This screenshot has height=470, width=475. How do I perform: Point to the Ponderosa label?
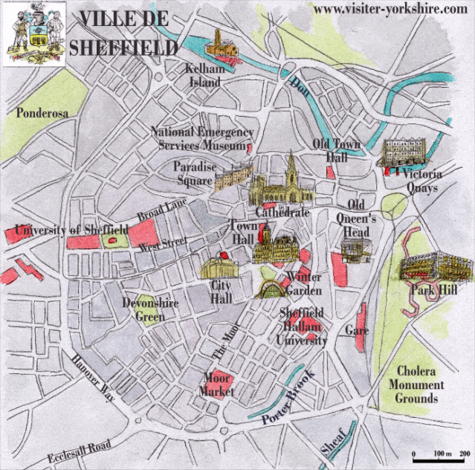[42, 112]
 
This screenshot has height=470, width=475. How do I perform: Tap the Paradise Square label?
[195, 173]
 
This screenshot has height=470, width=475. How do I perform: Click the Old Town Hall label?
[336, 150]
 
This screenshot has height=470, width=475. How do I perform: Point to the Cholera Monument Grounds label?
[417, 384]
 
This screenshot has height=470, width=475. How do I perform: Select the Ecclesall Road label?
[78, 451]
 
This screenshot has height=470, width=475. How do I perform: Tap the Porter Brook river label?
[289, 398]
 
